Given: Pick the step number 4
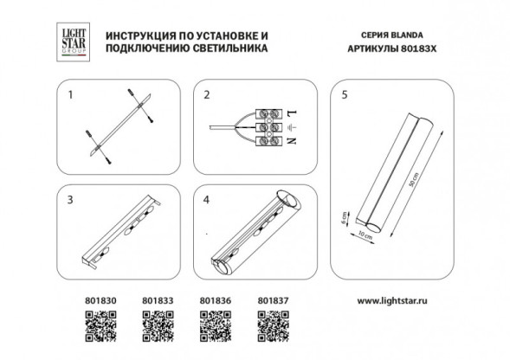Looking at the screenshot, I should pyautogui.click(x=207, y=199).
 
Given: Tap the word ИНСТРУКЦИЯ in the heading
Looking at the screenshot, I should pyautogui.click(x=136, y=37).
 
